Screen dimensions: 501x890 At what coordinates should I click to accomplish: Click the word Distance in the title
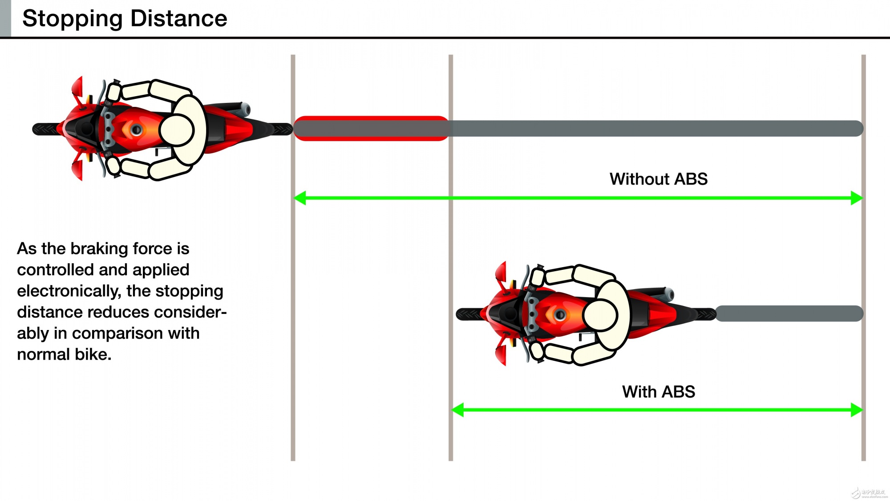pos(178,19)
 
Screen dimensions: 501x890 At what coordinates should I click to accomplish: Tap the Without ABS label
pos(658,179)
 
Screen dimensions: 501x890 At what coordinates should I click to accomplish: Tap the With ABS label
pos(658,392)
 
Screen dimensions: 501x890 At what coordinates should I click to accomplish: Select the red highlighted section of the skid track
pos(371,129)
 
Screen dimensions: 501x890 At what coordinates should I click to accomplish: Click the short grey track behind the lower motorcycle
pos(789,314)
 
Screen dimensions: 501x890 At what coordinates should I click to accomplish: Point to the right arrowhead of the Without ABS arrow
pos(856,198)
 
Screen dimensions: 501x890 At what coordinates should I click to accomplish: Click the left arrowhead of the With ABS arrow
pos(458,410)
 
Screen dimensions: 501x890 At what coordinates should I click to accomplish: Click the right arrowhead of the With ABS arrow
pos(856,410)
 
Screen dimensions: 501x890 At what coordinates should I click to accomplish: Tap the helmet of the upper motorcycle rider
pos(177,130)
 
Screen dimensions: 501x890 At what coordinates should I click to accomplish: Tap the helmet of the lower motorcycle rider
pos(600,315)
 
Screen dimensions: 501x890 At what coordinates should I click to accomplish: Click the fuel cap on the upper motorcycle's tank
pos(136,130)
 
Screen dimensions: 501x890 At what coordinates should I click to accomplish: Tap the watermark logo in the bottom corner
pos(868,493)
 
